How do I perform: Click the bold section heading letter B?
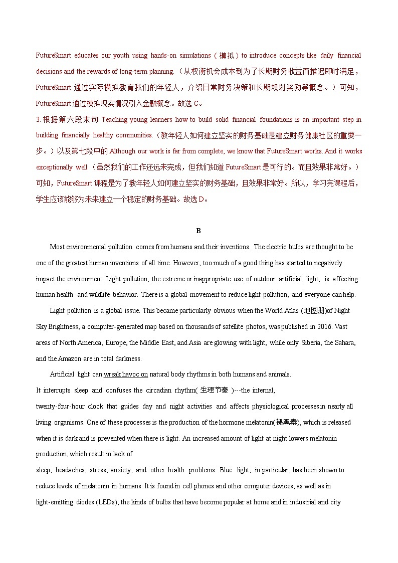click(198, 231)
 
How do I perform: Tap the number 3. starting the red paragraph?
click(38, 120)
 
